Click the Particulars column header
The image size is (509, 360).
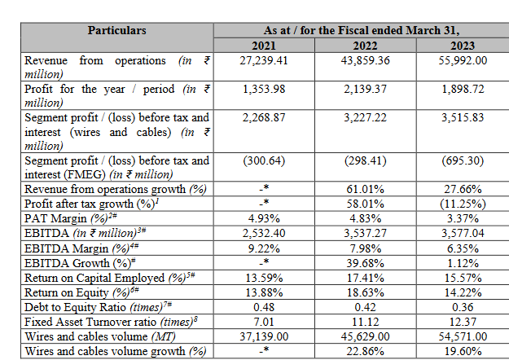click(x=117, y=30)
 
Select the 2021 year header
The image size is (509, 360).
click(x=265, y=45)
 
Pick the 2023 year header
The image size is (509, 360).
click(x=463, y=45)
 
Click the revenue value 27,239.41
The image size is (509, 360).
click(x=265, y=61)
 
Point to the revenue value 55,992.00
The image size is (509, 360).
click(x=463, y=61)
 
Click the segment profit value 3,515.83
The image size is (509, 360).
click(x=463, y=117)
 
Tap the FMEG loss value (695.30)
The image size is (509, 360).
click(x=463, y=160)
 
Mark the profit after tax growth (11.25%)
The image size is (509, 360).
click(x=463, y=203)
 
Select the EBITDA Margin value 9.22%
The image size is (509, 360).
click(x=265, y=246)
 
